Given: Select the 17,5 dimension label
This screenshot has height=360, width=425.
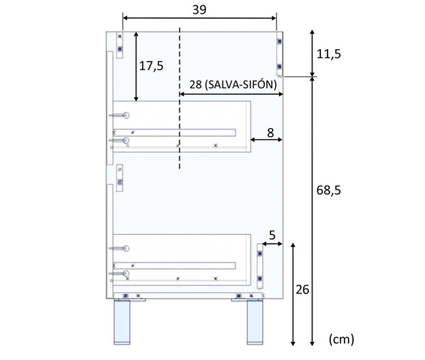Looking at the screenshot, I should coord(151,65).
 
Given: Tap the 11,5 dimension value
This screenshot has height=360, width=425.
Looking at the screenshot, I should coord(328,54).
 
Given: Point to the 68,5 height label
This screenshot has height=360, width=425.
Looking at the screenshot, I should coord(328,190).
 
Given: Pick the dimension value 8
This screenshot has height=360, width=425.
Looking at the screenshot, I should coord(270,131).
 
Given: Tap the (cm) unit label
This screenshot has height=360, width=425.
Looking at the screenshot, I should coord(341,338).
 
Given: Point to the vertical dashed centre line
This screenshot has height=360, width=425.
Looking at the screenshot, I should coord(179,98).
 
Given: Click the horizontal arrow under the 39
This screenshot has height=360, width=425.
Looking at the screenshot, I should coord(200,18).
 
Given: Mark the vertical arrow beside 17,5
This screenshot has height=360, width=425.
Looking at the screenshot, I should coord(135,65).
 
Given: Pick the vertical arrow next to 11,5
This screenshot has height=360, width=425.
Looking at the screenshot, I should coord(313,52).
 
